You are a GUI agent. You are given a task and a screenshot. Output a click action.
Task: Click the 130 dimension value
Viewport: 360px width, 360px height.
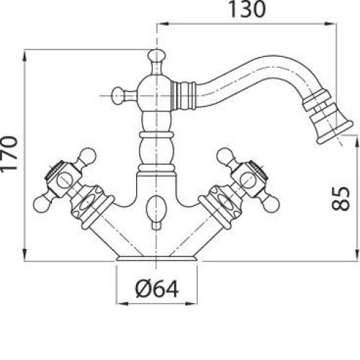tap(247, 9)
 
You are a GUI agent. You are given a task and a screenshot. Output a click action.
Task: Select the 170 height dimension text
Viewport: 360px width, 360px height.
tap(9, 153)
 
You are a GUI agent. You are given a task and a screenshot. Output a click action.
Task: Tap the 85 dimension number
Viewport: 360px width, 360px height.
tap(341, 198)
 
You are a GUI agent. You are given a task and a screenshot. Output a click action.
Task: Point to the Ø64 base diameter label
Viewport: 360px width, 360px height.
tap(157, 289)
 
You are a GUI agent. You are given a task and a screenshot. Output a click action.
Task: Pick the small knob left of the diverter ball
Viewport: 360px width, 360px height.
tap(117, 95)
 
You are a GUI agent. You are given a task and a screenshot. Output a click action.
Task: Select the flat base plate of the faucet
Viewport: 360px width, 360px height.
tap(156, 258)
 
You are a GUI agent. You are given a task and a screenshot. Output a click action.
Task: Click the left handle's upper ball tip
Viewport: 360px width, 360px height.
tap(87, 156)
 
